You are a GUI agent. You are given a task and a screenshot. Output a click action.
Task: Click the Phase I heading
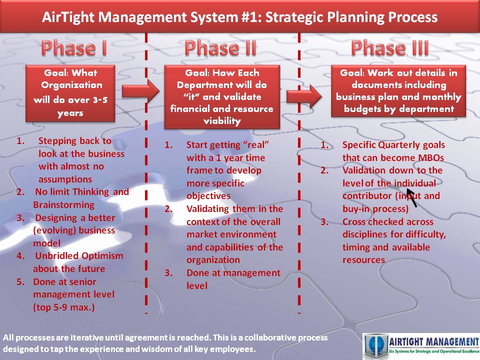pos(74,48)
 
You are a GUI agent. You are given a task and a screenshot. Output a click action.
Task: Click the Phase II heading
pos(220,48)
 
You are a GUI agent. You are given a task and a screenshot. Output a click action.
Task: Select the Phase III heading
pos(390,48)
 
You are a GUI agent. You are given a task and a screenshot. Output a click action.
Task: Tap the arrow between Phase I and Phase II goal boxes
pos(140,91)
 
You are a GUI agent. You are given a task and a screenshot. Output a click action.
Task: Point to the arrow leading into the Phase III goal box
pos(304,96)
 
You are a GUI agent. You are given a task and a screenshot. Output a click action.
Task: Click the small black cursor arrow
pos(411,197)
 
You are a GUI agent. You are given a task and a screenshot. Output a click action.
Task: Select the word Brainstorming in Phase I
pos(63,205)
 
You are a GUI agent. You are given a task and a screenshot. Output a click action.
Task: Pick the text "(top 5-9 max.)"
pos(63,307)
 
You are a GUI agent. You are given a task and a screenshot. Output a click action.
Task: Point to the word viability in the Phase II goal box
pos(222,121)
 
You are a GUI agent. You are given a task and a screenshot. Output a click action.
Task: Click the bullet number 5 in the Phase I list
pos(20,281)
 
